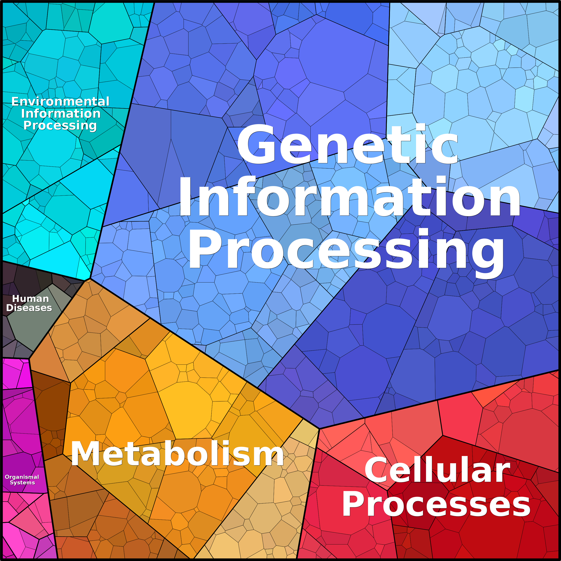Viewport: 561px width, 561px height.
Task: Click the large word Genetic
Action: (x=347, y=144)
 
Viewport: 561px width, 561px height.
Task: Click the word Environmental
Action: (x=60, y=102)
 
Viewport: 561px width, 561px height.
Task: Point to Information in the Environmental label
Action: (x=61, y=113)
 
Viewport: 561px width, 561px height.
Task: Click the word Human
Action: (x=31, y=299)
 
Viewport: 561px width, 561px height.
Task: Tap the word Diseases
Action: (x=29, y=308)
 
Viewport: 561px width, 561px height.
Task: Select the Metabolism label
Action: (x=177, y=454)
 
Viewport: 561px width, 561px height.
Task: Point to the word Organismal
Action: (x=22, y=477)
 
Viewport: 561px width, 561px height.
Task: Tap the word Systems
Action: (x=22, y=483)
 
